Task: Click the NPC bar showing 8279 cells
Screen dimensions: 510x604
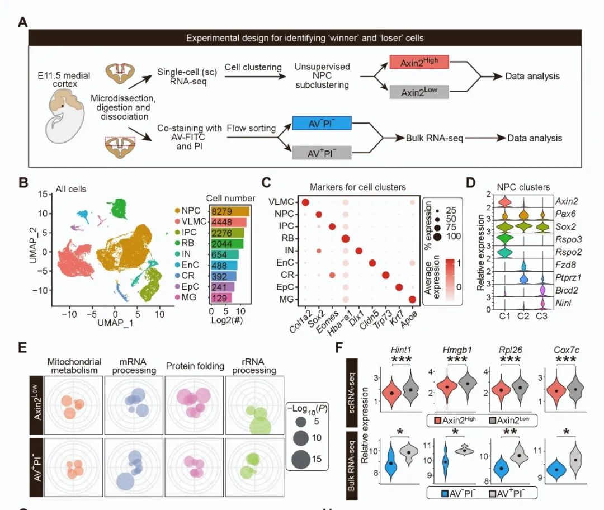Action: [x=230, y=211]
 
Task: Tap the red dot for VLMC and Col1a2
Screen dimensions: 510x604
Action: [x=305, y=202]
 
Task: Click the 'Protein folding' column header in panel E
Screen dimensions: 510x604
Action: [x=195, y=367]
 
